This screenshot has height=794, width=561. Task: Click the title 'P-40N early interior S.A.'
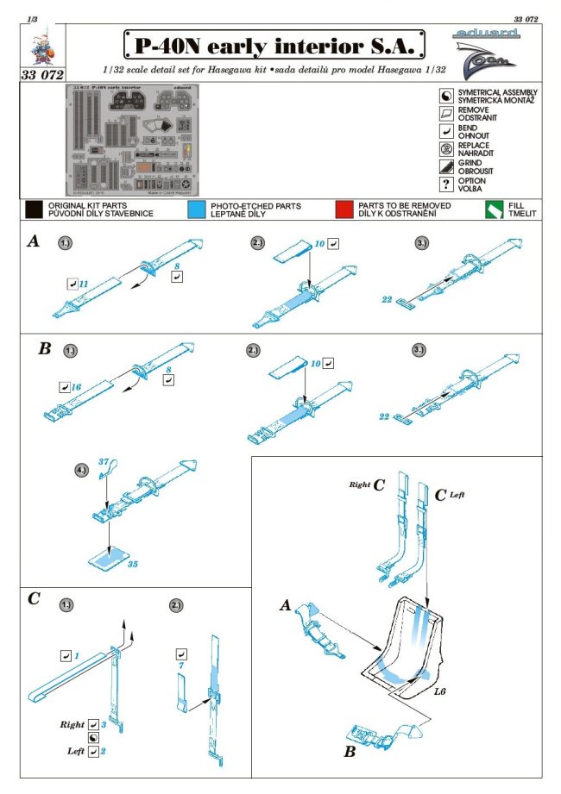click(x=274, y=44)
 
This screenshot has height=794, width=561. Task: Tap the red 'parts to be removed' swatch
click(x=344, y=210)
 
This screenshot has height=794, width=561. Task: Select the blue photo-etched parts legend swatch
click(x=195, y=210)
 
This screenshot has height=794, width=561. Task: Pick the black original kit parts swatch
click(x=34, y=210)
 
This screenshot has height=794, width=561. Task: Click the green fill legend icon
click(x=493, y=210)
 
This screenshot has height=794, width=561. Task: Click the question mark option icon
click(x=446, y=184)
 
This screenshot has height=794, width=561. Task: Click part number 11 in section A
click(x=84, y=282)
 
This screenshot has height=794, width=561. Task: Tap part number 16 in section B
click(x=76, y=388)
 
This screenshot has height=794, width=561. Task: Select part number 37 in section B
click(x=103, y=463)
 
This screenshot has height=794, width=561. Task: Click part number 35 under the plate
click(x=133, y=565)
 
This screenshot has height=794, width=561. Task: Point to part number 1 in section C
click(x=76, y=656)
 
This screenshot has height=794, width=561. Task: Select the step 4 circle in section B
click(x=81, y=471)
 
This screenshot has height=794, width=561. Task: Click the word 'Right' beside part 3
click(x=73, y=724)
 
